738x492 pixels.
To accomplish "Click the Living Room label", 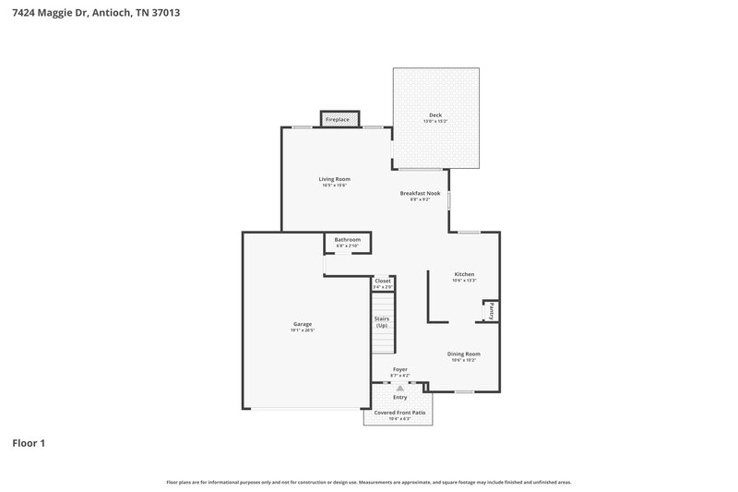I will point(335,179).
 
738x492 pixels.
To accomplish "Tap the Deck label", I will point(435,115).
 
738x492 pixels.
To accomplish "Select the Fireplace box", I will point(338,119).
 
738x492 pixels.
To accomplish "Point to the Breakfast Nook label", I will point(420,193).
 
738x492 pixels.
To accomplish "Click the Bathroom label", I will point(347,240).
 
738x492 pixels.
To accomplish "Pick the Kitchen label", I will point(464,274).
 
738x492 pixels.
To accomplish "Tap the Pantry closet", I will point(492,312).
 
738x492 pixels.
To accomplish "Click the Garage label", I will point(303,324).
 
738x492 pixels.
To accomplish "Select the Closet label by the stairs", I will point(383,281).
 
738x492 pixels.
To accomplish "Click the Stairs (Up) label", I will point(382,322).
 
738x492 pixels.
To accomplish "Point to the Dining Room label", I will point(464,354).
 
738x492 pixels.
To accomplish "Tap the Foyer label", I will point(399,369).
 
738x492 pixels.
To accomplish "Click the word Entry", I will point(399,397).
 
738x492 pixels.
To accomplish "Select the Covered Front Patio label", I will point(399,413).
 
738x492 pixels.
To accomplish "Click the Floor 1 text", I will point(29,443).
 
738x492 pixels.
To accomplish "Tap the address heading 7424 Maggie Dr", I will point(102,13).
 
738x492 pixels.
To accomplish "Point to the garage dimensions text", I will point(303,330).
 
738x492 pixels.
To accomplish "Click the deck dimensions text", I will point(435,122).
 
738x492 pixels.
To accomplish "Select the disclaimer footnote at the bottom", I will point(368,482).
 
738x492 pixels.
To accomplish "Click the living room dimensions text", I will point(335,186).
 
